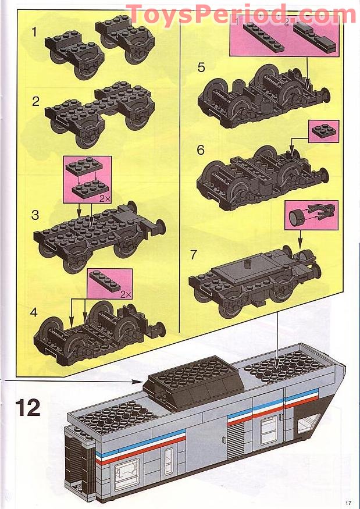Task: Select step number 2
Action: pyautogui.click(x=36, y=101)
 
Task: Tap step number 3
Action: pyautogui.click(x=35, y=215)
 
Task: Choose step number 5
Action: pyautogui.click(x=201, y=67)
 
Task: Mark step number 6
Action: pyautogui.click(x=201, y=150)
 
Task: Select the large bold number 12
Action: pyautogui.click(x=28, y=407)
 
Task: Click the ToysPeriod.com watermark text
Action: pyautogui.click(x=241, y=15)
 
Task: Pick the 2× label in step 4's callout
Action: pyautogui.click(x=124, y=294)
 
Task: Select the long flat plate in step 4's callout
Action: pyautogui.click(x=106, y=282)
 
